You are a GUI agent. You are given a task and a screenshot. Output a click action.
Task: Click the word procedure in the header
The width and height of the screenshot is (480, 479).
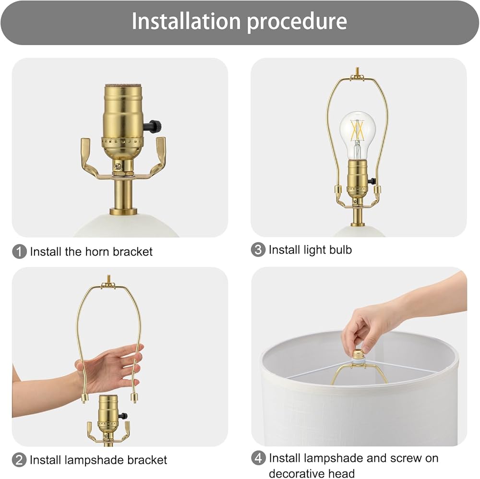click(297, 22)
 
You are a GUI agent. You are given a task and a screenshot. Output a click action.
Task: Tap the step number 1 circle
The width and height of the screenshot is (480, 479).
click(19, 251)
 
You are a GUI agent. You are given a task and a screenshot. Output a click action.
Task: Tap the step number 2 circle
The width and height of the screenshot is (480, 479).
click(19, 460)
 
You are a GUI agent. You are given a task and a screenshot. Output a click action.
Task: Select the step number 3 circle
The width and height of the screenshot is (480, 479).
click(258, 250)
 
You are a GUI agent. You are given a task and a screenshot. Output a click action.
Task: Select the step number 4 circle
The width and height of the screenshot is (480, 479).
click(258, 458)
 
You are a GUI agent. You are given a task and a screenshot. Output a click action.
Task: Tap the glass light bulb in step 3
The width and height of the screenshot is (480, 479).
click(357, 135)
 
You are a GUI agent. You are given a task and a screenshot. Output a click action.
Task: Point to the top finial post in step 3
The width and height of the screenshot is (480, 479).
click(357, 72)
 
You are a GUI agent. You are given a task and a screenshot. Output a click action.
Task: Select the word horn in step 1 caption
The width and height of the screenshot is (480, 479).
click(97, 251)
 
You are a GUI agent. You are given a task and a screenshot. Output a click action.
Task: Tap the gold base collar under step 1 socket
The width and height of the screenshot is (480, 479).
click(123, 211)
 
